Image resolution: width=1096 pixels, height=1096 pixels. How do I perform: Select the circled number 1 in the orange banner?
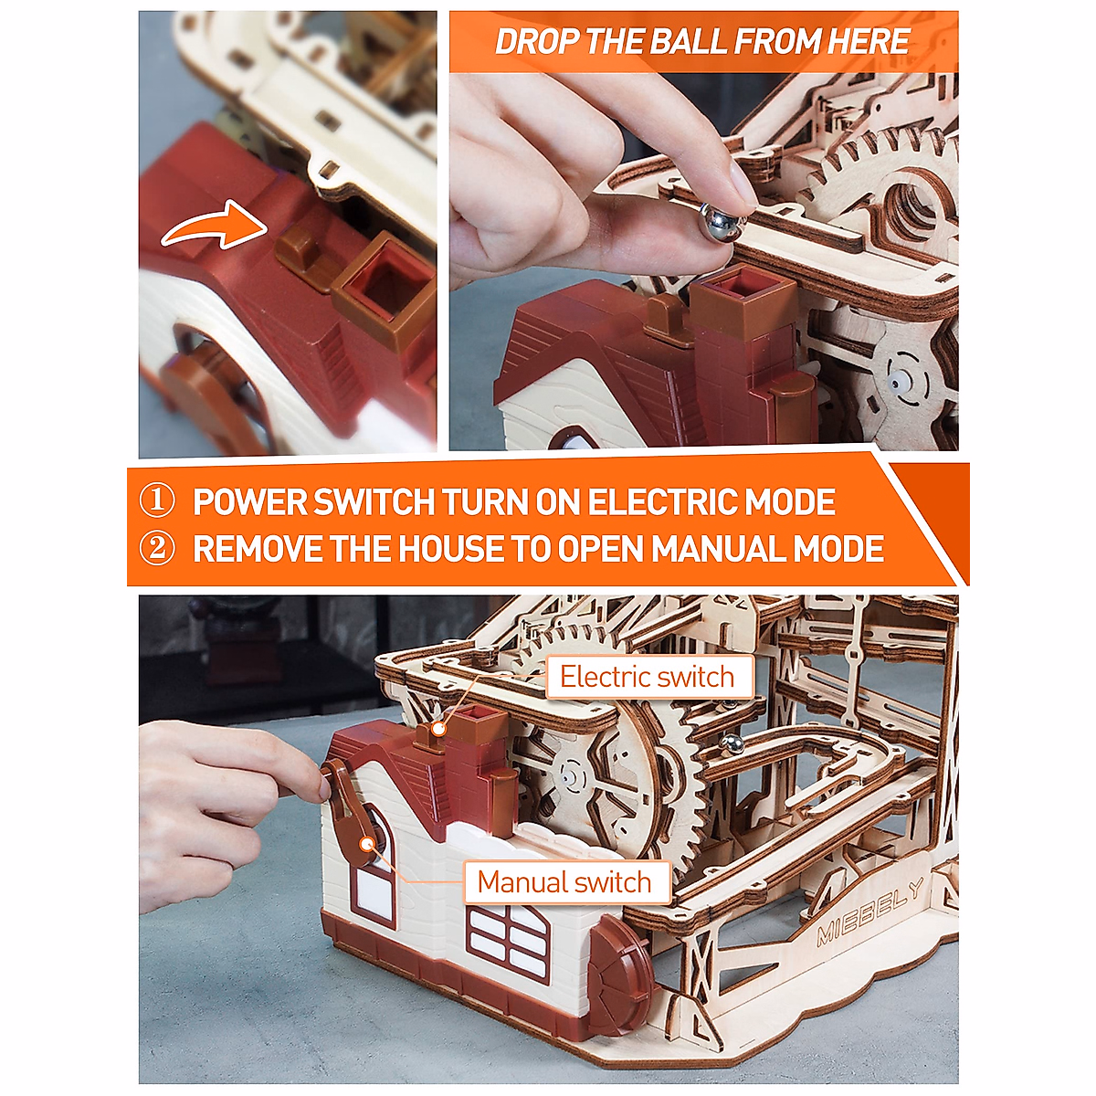click(157, 502)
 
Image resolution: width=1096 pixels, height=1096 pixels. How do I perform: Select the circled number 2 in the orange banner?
click(157, 550)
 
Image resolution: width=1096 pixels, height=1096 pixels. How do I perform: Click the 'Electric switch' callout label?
click(647, 677)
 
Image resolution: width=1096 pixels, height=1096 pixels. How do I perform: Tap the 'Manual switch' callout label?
click(564, 882)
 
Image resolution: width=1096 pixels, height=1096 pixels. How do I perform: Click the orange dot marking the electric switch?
click(439, 728)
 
